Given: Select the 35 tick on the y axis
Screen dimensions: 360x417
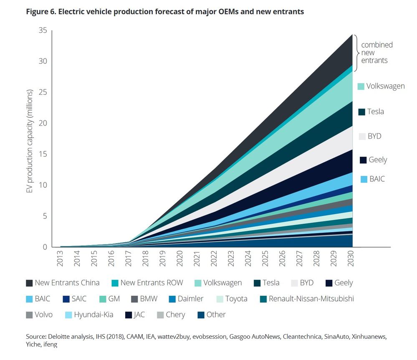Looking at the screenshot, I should click(x=43, y=30).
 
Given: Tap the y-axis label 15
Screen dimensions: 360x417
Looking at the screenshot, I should click(x=43, y=154).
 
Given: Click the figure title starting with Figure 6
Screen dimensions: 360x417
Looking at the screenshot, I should click(x=165, y=12).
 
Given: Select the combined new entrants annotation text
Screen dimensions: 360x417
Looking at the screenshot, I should click(x=377, y=53).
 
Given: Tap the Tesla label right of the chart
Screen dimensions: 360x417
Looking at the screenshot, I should click(x=375, y=112).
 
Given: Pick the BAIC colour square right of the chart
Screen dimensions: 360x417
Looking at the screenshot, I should click(x=363, y=179).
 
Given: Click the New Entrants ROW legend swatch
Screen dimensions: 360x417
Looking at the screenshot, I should click(x=115, y=283).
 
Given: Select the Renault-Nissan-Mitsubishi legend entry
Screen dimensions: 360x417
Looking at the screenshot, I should click(x=307, y=299).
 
